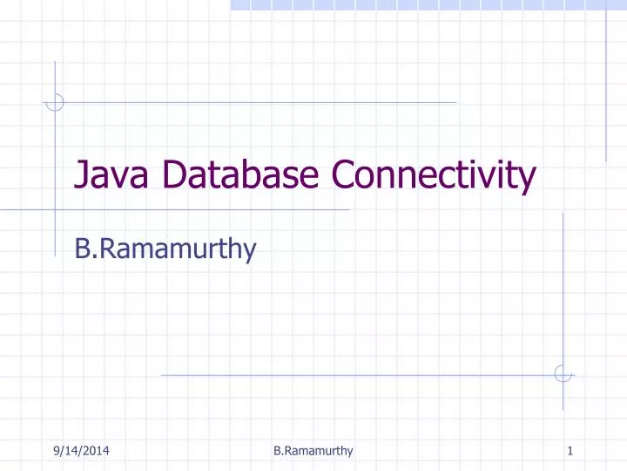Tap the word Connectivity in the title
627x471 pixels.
point(432,178)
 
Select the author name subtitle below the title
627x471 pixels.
point(165,250)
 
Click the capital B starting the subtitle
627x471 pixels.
point(84,250)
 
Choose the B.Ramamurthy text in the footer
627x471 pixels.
point(313,450)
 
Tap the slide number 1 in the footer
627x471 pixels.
point(569,450)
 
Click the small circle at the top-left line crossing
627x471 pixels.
point(55,102)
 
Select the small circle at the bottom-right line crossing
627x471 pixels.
point(563,374)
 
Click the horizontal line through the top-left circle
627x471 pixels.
point(261,102)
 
